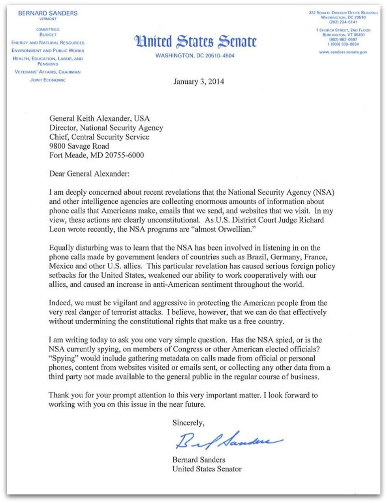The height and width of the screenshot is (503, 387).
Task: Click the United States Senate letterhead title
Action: pyautogui.click(x=195, y=41)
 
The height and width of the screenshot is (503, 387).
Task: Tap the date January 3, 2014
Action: pyautogui.click(x=199, y=82)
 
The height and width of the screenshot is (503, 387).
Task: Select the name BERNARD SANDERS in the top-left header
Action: pyautogui.click(x=48, y=13)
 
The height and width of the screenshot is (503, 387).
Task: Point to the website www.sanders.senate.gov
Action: pyautogui.click(x=343, y=52)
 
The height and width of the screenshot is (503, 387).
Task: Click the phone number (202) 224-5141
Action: pyautogui.click(x=343, y=22)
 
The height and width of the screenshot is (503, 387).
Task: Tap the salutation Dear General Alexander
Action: pyautogui.click(x=89, y=174)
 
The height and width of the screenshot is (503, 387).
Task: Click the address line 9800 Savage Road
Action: pyautogui.click(x=79, y=146)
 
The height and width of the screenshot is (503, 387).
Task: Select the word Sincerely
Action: pyautogui.click(x=188, y=423)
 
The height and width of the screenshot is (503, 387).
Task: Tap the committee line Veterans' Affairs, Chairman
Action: pyautogui.click(x=48, y=72)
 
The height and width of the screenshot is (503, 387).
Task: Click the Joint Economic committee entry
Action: pyautogui.click(x=48, y=80)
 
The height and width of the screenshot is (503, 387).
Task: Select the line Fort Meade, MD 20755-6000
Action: pyautogui.click(x=96, y=155)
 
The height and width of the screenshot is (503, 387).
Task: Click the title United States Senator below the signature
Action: pyautogui.click(x=207, y=469)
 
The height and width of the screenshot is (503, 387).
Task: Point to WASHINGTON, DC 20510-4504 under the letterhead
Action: pyautogui.click(x=195, y=56)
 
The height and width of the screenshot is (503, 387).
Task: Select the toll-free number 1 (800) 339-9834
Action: pyautogui.click(x=343, y=44)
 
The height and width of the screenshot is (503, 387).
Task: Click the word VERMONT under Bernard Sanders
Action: pyautogui.click(x=48, y=19)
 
